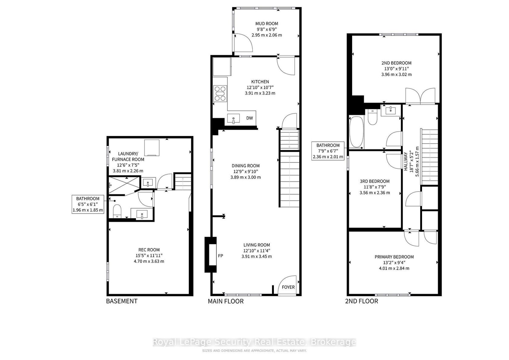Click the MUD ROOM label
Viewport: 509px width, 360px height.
click(267, 24)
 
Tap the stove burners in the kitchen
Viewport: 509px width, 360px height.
click(220, 93)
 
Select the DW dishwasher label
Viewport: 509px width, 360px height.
click(250, 118)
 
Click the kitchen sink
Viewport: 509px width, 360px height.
click(233, 119)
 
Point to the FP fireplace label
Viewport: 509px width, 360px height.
click(221, 256)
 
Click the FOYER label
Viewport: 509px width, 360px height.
click(288, 287)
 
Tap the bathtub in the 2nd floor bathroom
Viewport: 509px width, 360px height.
click(357, 132)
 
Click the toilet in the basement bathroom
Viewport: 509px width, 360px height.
click(117, 211)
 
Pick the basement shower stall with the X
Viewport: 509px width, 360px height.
click(124, 185)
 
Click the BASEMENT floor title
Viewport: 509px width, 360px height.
click(122, 301)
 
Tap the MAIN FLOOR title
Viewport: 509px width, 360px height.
click(226, 301)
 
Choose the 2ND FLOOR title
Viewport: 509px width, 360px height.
click(361, 301)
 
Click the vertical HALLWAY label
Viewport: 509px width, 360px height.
click(406, 161)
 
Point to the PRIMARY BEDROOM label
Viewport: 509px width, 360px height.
click(394, 257)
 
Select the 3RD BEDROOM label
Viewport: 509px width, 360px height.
click(375, 181)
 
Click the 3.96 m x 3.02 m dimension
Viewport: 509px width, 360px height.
click(396, 74)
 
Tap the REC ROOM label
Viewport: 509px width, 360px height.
click(149, 250)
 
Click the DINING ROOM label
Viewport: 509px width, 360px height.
click(246, 166)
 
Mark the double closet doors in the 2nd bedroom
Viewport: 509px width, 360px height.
click(421, 96)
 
